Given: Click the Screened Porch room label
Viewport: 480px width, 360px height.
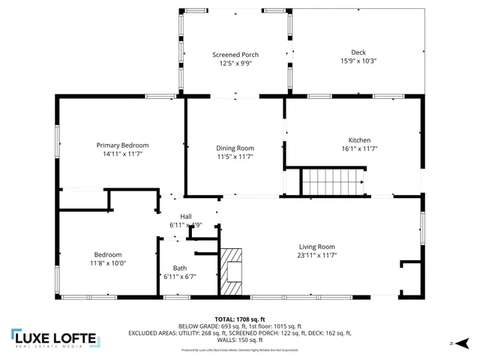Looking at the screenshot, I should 235,55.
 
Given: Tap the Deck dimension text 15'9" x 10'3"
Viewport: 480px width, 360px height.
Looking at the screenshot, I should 358,61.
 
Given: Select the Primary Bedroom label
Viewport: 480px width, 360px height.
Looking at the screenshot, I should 122,145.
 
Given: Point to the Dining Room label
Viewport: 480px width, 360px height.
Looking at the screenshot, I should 235,148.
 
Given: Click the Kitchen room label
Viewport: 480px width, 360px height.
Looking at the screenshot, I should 359,140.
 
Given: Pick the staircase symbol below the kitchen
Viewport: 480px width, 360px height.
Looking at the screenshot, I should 332,181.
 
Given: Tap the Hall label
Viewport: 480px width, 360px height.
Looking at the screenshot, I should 185,217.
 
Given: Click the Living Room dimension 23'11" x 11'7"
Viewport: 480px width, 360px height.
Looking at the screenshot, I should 317,256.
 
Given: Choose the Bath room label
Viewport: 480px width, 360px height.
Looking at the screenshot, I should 180,268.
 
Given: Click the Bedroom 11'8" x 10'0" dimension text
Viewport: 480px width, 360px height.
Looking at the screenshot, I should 108,263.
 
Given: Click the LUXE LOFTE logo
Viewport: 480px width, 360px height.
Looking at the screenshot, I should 55,339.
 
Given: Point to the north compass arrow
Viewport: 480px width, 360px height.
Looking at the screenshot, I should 460,343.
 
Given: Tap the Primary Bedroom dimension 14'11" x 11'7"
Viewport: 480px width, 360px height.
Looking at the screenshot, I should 122,154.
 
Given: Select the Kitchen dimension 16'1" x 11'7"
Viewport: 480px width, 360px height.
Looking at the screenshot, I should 359,149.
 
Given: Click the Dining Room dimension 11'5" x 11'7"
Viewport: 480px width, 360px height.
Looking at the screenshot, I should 235,157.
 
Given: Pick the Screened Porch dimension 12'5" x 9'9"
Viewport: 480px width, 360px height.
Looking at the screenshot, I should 235,64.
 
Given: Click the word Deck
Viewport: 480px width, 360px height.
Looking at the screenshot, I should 358,52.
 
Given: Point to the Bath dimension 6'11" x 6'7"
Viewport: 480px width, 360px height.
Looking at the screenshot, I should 180,277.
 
